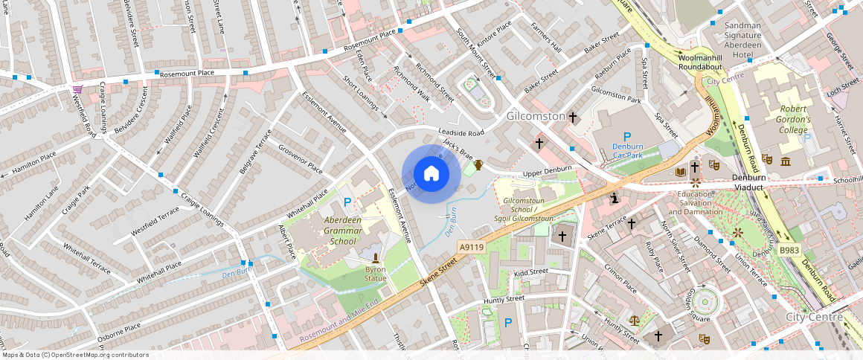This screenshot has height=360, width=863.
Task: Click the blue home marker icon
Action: (431, 174)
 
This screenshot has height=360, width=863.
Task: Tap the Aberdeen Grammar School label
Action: (332, 231)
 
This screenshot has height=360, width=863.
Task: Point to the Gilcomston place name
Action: (536, 117)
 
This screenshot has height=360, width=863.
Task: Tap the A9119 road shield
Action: (472, 247)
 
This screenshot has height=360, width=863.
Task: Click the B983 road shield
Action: (789, 250)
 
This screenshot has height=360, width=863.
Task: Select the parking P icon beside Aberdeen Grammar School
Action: (348, 202)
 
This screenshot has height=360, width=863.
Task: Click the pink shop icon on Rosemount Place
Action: (77, 90)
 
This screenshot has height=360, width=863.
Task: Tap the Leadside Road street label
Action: (461, 132)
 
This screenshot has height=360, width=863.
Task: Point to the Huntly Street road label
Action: (504, 299)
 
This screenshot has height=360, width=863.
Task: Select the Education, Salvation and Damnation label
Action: (697, 203)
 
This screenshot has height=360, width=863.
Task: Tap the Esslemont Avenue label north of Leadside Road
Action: (324, 113)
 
